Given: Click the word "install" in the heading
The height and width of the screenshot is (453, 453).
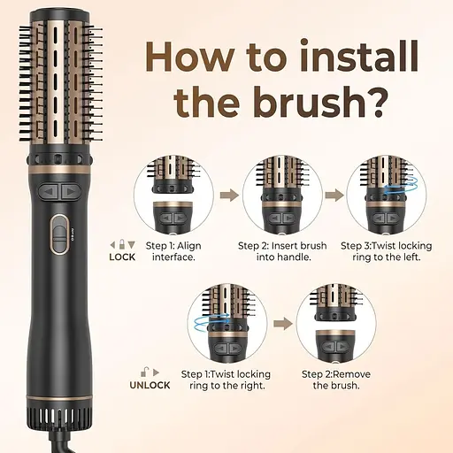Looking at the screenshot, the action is click(x=360, y=56).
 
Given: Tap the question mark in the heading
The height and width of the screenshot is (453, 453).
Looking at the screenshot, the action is click(x=374, y=101).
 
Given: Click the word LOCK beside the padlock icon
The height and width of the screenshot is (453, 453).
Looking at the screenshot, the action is click(x=122, y=257).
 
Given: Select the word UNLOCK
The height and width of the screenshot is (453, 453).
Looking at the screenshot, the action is click(x=150, y=385).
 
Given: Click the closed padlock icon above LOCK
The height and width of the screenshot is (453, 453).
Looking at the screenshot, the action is click(x=122, y=244).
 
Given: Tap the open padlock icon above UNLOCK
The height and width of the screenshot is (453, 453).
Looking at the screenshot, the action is click(x=144, y=372).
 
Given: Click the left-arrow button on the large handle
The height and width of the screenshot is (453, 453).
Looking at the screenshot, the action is click(x=50, y=192).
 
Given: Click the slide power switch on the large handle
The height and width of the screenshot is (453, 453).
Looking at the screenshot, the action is click(x=59, y=234).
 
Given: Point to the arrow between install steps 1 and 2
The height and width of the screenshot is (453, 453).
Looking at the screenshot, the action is click(x=229, y=195).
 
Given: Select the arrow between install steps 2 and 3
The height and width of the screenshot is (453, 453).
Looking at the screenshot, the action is click(x=334, y=195).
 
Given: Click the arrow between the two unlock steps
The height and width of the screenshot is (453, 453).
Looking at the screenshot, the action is click(x=283, y=324).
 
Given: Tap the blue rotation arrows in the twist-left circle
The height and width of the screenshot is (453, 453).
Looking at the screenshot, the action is click(x=401, y=186).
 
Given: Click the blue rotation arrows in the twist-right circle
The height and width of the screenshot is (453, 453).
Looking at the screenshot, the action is click(x=211, y=323).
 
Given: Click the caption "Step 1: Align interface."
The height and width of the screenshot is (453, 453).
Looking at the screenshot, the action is click(x=173, y=251).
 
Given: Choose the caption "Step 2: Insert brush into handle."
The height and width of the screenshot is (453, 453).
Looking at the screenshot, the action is click(x=282, y=251).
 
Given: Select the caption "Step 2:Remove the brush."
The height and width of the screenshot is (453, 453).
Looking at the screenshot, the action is click(x=336, y=380).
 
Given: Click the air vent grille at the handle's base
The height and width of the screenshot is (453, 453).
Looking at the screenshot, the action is click(x=59, y=418).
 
